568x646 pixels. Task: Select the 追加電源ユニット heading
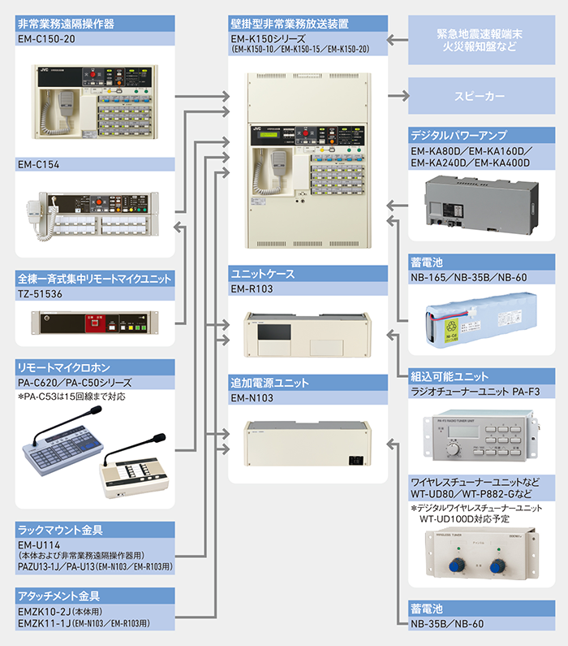click(x=267, y=382)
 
